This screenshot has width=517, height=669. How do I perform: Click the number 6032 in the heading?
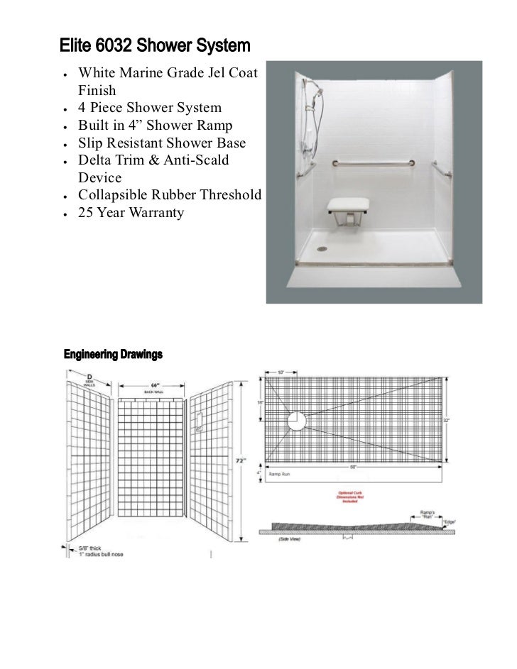(114, 48)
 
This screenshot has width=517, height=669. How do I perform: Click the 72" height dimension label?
(241, 460)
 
